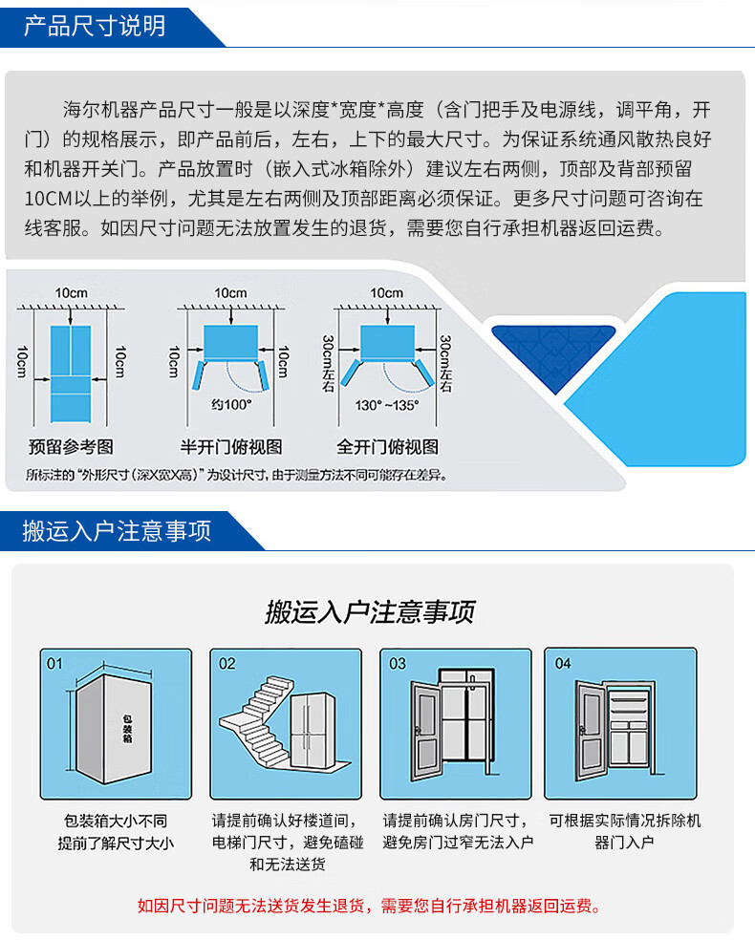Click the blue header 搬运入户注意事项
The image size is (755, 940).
117,531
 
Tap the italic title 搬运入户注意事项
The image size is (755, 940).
370,612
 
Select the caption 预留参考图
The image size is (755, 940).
71,447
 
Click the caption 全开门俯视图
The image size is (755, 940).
387,447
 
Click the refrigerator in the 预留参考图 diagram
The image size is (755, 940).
71,374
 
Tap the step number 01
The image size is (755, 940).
55,663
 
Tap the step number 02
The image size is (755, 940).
227,663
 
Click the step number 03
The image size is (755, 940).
397,663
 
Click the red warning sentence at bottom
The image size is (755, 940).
370,906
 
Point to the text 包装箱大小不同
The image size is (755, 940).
115,821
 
